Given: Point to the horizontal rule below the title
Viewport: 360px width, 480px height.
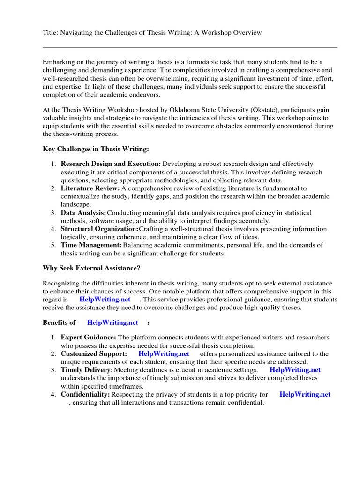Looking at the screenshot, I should (190, 47).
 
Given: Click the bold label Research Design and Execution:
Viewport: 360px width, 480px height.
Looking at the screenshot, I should (111, 164).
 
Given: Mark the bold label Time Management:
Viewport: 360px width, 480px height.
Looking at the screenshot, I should (91, 245).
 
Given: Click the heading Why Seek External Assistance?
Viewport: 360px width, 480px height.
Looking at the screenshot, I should (91, 269).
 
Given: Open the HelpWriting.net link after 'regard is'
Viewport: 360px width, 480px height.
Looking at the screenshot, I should (105, 299).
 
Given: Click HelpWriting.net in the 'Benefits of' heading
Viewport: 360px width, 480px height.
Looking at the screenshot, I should (112, 322).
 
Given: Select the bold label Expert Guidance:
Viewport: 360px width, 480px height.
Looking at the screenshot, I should (89, 337).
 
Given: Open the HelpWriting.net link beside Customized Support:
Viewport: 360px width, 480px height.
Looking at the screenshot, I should (164, 354).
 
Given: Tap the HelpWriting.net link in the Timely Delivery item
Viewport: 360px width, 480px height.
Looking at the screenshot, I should (295, 370).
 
